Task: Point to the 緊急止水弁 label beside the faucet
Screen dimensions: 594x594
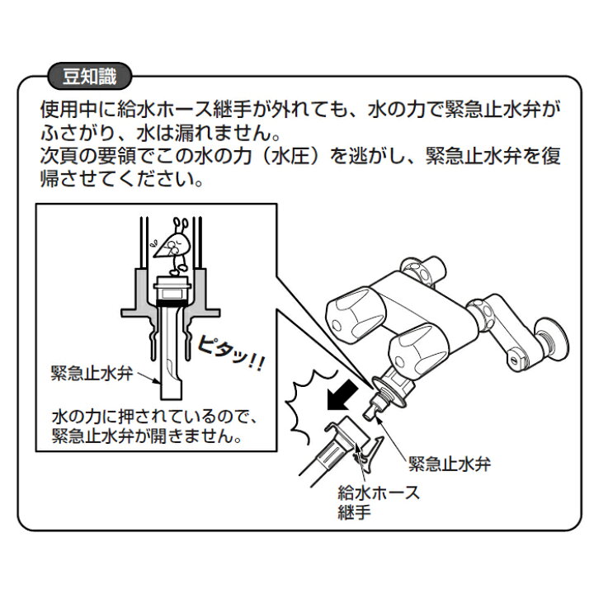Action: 450,463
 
